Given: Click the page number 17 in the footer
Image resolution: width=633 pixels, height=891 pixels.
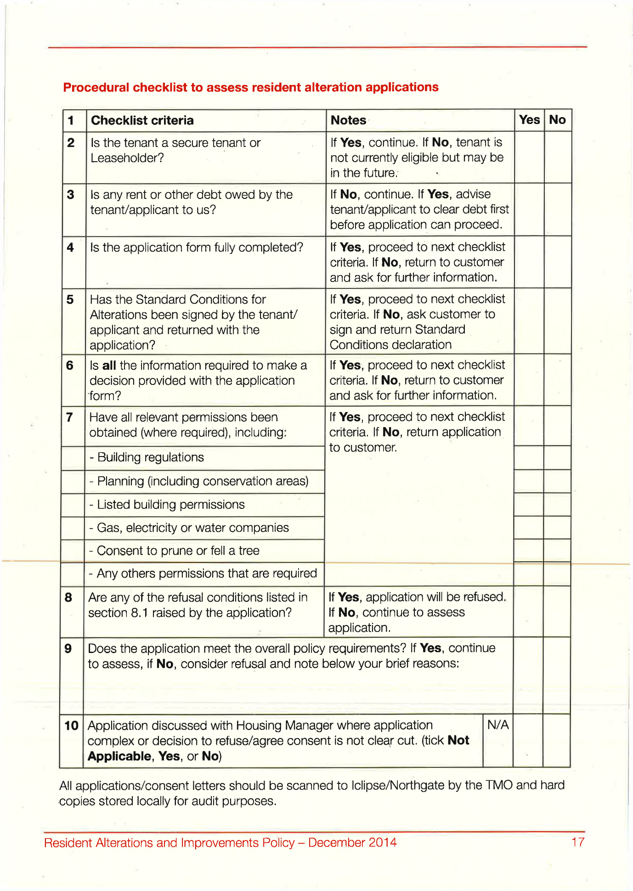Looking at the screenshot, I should (577, 842).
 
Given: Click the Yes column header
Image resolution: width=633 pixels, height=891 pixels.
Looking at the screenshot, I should (529, 120).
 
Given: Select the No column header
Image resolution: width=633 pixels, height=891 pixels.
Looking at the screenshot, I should (557, 120).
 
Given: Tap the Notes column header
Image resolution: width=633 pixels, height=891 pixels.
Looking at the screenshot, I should (348, 120).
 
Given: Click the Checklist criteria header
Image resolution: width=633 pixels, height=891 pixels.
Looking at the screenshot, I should (142, 120).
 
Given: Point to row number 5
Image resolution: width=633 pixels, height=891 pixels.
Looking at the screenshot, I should (70, 299).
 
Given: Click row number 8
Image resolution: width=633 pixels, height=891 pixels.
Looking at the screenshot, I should (68, 598).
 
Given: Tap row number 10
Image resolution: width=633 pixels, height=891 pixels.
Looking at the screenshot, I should (71, 726).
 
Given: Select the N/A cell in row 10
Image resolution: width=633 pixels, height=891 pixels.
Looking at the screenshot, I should (498, 725).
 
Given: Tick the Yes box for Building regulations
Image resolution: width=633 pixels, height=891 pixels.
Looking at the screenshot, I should (529, 457).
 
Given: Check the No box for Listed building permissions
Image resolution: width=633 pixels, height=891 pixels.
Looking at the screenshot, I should (557, 504).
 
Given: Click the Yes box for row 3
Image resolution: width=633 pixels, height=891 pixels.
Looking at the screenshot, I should (529, 209).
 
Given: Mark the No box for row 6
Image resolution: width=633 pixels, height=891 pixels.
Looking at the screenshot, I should (557, 380).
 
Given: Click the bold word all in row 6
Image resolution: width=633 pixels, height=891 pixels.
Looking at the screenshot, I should (109, 366).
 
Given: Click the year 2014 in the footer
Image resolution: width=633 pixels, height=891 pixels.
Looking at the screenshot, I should (382, 843).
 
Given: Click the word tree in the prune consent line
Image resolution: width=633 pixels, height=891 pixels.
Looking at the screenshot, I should (249, 551).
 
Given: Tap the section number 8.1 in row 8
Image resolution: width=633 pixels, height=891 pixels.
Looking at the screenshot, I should (139, 613).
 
